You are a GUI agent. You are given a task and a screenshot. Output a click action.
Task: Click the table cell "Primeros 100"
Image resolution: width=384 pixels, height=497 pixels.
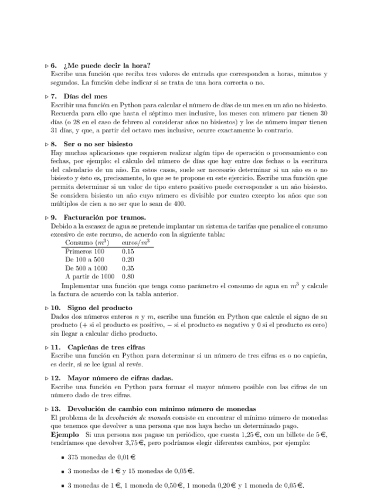[x=84, y=251]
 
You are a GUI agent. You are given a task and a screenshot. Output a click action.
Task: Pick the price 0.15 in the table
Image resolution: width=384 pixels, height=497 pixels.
[x=128, y=251]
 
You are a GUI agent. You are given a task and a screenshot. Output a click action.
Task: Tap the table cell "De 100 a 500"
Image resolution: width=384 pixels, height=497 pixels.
[x=84, y=259]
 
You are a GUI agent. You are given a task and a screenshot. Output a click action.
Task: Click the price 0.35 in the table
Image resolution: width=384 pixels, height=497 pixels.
[x=128, y=267]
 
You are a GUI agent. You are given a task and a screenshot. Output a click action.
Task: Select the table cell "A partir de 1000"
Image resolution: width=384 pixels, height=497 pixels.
[x=90, y=275]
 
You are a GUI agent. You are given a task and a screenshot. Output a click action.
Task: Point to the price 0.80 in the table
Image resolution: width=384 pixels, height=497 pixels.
[x=128, y=275]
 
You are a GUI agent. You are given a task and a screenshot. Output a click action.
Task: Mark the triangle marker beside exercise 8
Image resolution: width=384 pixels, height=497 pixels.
[x=46, y=144]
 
